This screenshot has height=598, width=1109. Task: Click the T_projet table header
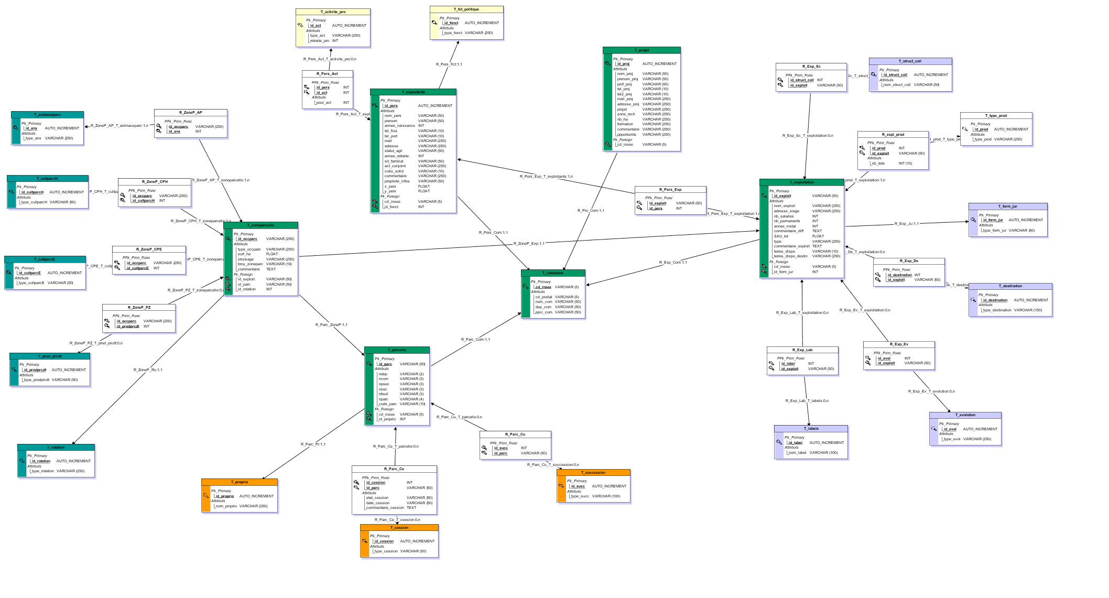click(642, 50)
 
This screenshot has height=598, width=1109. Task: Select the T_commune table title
click(553, 273)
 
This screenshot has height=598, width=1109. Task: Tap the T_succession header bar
click(593, 473)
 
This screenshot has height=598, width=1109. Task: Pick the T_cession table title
click(399, 528)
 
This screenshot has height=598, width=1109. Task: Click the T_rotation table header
click(56, 448)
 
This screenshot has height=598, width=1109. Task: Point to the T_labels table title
click(811, 429)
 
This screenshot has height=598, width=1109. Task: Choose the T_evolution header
click(965, 415)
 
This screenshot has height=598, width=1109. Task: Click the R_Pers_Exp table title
click(670, 190)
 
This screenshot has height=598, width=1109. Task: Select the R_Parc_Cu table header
click(515, 434)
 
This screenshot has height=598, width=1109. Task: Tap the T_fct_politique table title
click(466, 9)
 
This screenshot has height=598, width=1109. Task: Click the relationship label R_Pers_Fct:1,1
click(449, 64)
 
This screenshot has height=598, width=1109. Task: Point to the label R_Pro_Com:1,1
click(591, 211)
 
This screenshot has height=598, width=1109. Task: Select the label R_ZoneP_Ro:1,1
click(148, 370)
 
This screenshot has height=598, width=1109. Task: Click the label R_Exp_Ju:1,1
click(906, 224)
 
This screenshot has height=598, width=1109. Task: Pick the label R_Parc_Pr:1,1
click(313, 444)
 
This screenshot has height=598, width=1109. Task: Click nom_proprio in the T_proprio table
click(226, 506)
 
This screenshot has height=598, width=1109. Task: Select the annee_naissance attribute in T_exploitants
click(399, 126)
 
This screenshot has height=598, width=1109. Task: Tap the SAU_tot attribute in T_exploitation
click(781, 236)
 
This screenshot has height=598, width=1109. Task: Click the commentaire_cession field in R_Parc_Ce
click(385, 508)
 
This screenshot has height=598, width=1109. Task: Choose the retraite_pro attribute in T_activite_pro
click(319, 41)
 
